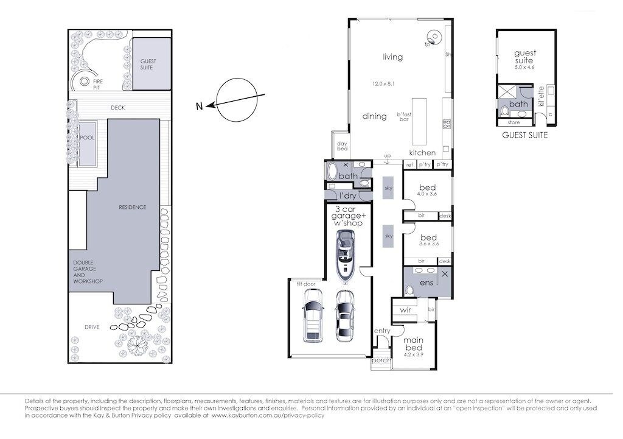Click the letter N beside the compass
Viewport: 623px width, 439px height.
199,107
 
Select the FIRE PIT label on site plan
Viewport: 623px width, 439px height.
97,83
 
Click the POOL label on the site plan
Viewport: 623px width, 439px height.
88,138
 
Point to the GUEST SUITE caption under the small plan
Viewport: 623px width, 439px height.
524,135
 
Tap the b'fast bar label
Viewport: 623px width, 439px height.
403,116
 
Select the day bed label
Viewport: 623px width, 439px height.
342,147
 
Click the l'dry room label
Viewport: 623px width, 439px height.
347,195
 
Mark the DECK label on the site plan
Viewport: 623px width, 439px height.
118,108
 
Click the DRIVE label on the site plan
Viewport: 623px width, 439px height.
92,327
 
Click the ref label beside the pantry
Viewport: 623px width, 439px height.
409,164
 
